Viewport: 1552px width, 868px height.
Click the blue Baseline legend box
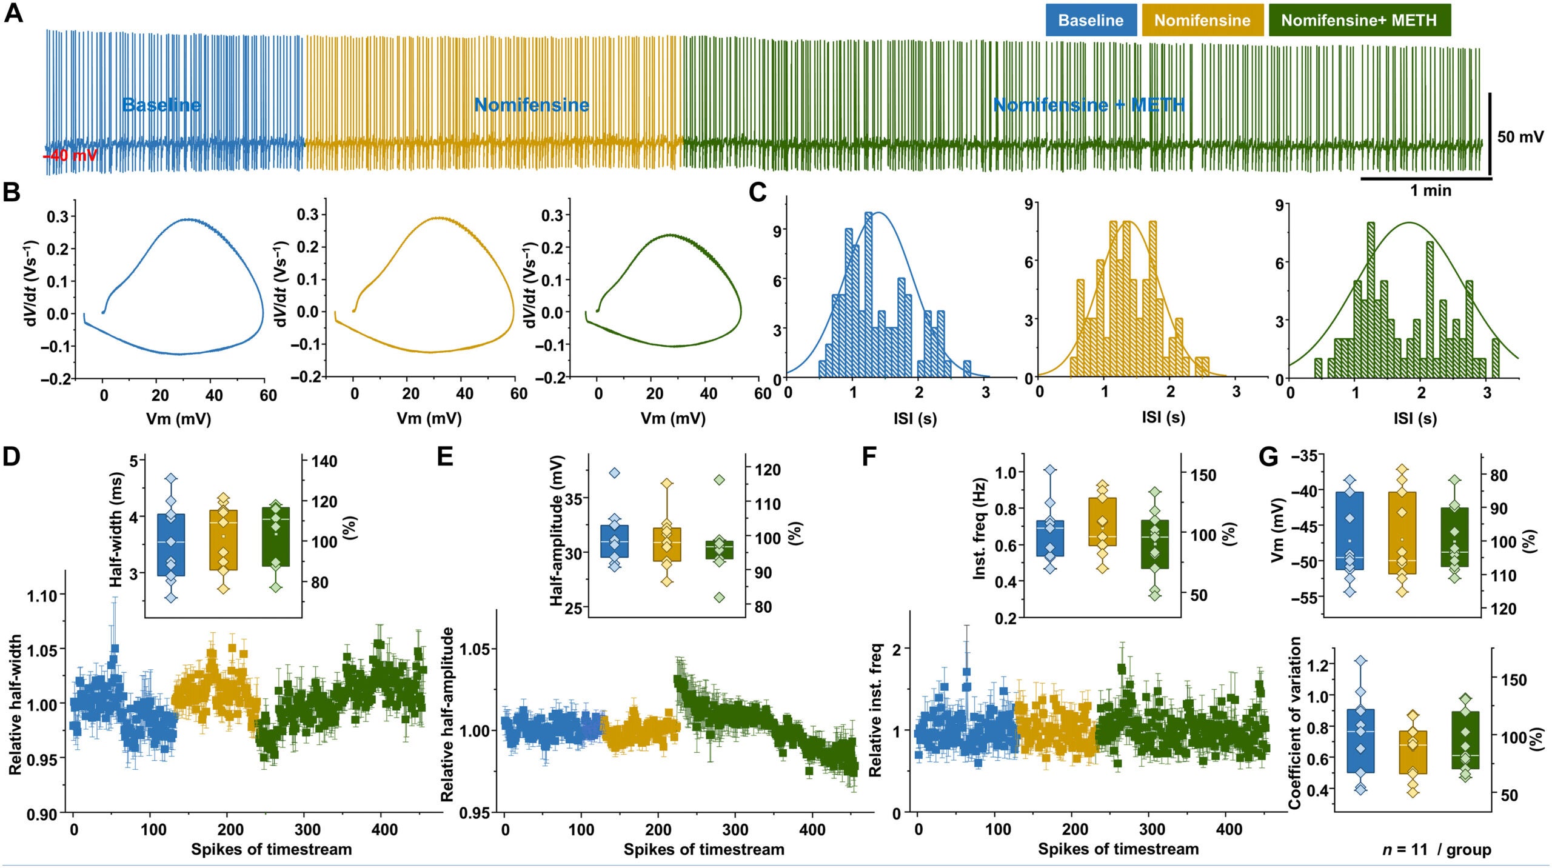pos(1091,20)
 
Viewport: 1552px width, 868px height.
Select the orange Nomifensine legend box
pos(1202,20)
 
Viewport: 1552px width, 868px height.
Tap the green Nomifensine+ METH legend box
pos(1359,20)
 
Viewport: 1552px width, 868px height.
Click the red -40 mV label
pos(70,156)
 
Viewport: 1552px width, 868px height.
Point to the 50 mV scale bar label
pos(1520,137)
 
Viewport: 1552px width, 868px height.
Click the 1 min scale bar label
pos(1430,191)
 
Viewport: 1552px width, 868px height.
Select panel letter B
pos(12,193)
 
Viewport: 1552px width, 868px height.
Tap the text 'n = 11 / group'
pos(1436,850)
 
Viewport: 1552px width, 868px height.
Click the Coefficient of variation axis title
pos(1294,723)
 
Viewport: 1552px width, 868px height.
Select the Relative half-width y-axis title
pos(16,704)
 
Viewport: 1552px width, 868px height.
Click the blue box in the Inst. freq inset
pos(1050,538)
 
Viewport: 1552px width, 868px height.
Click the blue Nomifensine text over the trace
pos(531,105)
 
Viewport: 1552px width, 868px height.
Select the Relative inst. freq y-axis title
pos(875,710)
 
